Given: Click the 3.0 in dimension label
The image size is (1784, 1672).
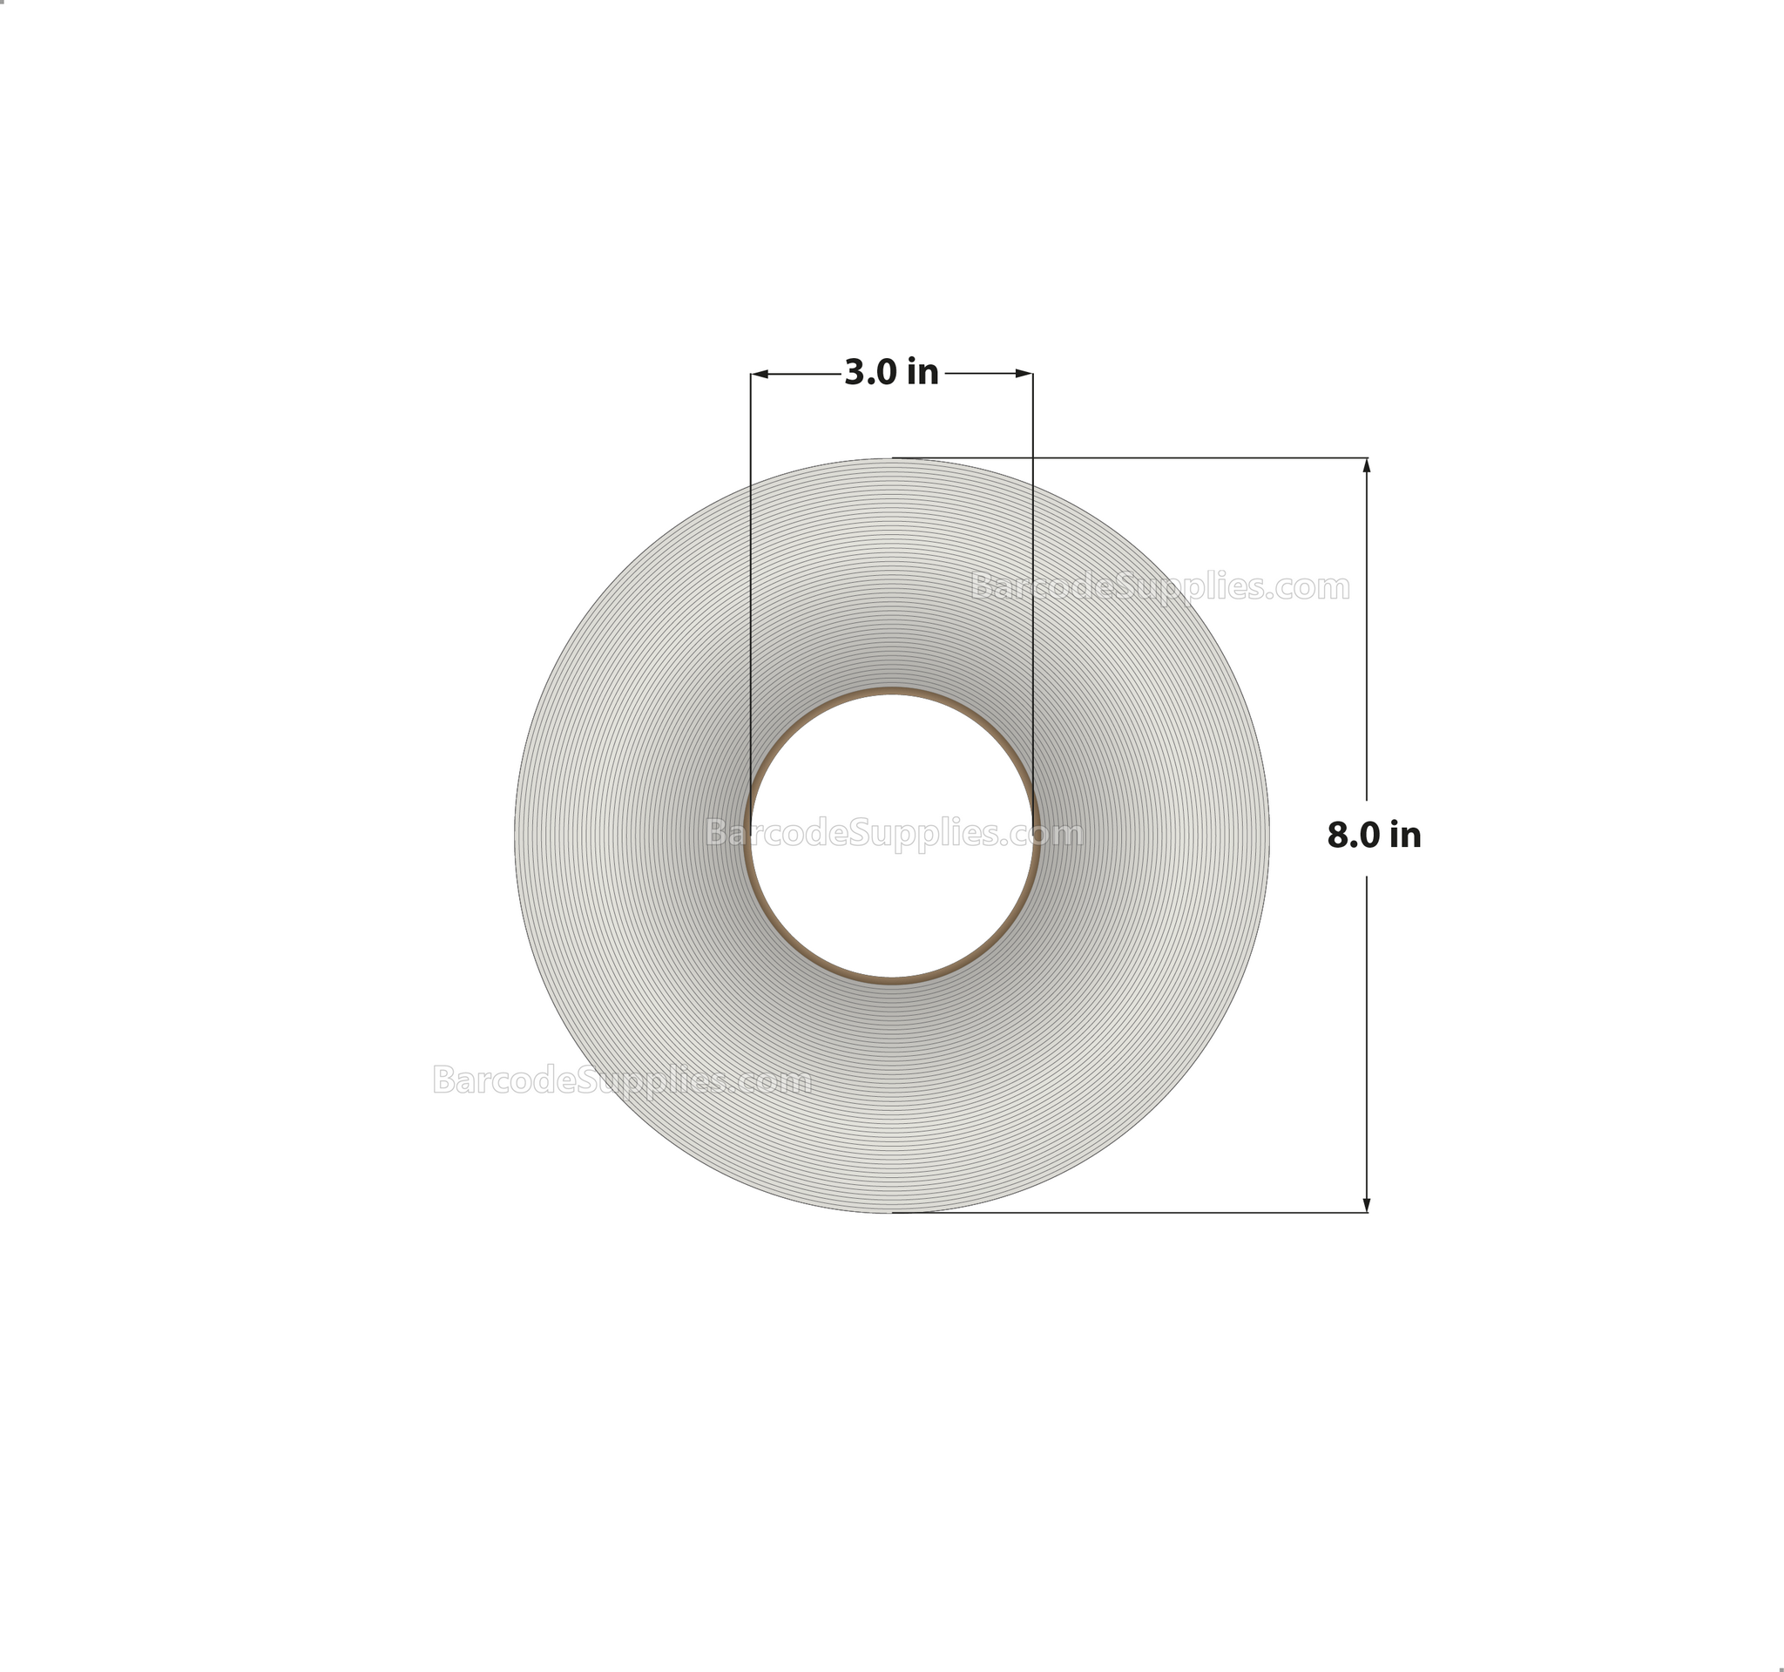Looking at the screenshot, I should [x=891, y=372].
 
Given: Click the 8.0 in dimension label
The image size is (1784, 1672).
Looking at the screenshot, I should [x=1374, y=836].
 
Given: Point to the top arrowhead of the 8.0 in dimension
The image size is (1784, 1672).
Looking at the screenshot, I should [x=1367, y=465].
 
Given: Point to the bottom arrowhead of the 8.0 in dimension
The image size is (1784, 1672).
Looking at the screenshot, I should [x=1367, y=1205].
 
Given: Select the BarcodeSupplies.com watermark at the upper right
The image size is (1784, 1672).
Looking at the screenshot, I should [x=1160, y=588].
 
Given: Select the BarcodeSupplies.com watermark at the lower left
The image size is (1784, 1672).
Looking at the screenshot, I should [x=622, y=1080].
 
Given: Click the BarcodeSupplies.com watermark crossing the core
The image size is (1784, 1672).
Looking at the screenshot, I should [x=894, y=834].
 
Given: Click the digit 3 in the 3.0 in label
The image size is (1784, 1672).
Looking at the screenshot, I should [x=854, y=372].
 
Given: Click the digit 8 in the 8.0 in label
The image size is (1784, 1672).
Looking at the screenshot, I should [x=1336, y=836].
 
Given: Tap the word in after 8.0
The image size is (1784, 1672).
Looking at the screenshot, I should [x=1405, y=836].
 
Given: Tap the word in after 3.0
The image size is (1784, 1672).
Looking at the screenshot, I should [x=922, y=372].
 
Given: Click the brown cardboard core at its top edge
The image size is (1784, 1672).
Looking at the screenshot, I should [x=891, y=692].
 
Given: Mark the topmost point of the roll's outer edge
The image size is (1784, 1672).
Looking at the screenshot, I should [x=891, y=458].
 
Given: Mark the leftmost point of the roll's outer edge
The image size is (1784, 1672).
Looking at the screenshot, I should [x=515, y=836].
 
